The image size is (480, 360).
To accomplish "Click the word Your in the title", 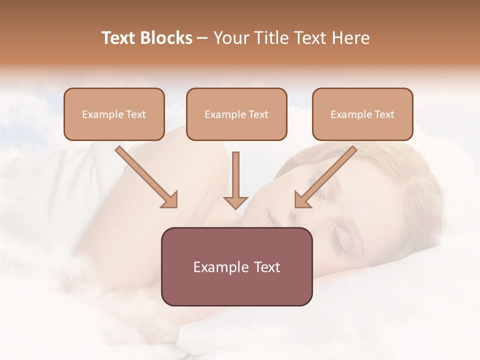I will point(231,38).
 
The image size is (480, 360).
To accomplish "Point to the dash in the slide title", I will point(202,38).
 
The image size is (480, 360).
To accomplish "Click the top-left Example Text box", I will point(114,114).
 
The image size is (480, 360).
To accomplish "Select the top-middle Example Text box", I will point(236,114).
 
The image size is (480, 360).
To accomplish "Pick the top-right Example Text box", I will point(362,114).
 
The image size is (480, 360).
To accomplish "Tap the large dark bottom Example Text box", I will point(236,266).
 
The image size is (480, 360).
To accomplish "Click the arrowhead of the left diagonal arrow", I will point(170,200).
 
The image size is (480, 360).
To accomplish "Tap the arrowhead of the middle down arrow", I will point(235,202).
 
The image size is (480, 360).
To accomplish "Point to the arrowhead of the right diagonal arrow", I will point(302,200).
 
